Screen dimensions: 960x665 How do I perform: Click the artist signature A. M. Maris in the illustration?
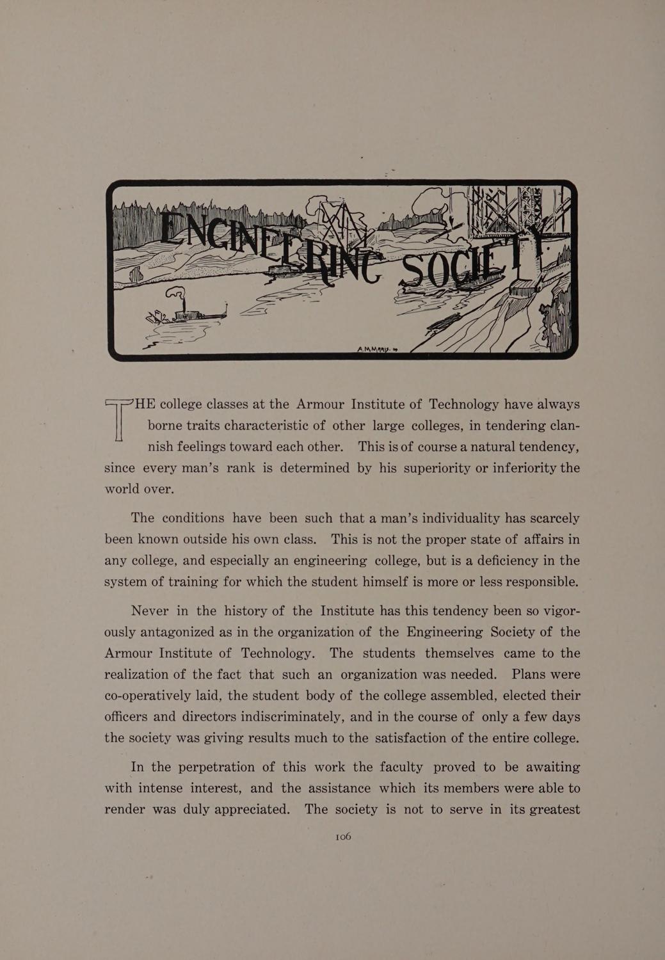[x=377, y=349]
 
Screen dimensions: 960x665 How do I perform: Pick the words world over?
[x=139, y=489]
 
